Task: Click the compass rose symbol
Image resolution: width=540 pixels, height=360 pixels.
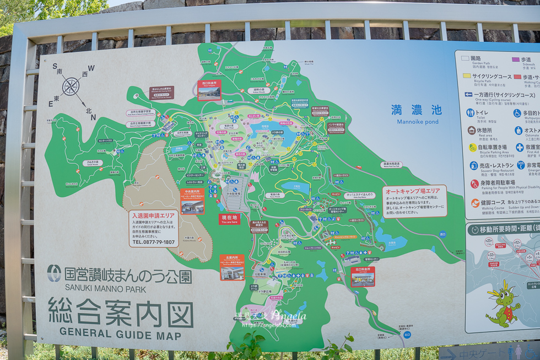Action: click(71, 87)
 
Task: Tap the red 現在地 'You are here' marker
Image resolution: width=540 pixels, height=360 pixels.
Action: click(229, 219)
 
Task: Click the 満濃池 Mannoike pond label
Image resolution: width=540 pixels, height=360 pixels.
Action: click(417, 111)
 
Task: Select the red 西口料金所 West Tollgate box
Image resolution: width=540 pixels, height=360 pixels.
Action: click(209, 89)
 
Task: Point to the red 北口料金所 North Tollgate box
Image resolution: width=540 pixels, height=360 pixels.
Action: click(363, 276)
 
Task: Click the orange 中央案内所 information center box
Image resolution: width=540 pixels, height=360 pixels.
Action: click(192, 201)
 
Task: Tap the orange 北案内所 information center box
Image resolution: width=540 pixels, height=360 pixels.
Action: click(232, 267)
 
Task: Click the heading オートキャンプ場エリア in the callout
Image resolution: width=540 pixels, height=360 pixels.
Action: click(413, 191)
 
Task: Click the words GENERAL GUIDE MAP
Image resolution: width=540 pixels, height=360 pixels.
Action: click(120, 332)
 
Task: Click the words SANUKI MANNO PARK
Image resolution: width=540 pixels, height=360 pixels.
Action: click(106, 288)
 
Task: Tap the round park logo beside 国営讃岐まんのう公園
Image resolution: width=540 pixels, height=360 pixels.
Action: click(54, 273)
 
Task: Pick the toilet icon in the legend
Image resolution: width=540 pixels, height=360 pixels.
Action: click(471, 113)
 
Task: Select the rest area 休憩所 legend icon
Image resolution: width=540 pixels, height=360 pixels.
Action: click(472, 130)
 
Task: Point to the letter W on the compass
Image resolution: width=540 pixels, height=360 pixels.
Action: click(91, 68)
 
